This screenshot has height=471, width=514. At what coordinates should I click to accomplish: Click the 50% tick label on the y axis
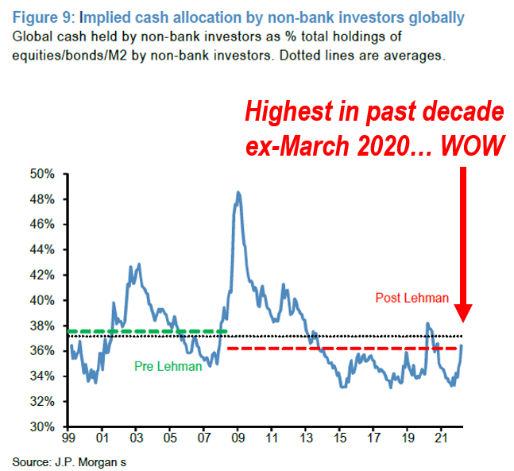[x=42, y=174]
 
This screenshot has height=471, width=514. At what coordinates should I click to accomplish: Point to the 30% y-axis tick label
[x=42, y=427]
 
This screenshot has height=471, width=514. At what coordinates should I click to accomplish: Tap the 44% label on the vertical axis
[x=42, y=249]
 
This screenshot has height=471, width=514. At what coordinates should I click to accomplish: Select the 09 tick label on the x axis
[x=238, y=438]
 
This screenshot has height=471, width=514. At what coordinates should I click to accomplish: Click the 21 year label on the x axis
[x=441, y=438]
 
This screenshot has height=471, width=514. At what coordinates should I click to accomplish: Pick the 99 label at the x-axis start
[x=68, y=438]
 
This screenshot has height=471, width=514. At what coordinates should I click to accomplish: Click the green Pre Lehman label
[x=168, y=366]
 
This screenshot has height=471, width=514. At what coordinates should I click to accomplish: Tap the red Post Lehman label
[x=412, y=298]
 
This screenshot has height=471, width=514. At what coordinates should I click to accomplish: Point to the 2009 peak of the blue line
[x=238, y=192]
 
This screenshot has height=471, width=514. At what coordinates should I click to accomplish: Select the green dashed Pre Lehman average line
[x=147, y=331]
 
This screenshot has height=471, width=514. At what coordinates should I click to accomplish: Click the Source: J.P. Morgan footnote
[x=69, y=462]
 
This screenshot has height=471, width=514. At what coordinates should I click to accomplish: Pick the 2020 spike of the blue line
[x=427, y=323]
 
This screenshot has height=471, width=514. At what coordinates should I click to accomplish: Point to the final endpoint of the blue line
[x=462, y=346]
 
